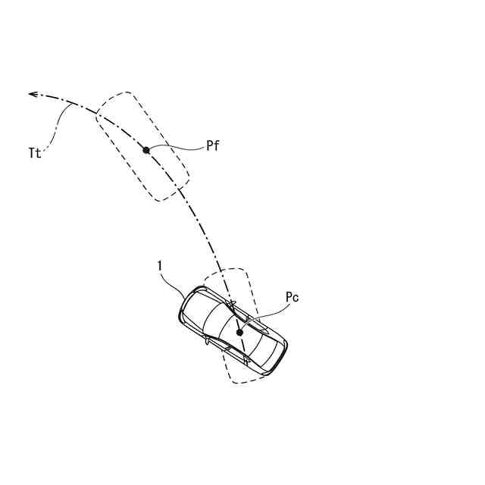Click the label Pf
(212, 146)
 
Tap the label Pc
(292, 298)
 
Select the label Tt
(33, 152)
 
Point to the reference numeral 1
(160, 265)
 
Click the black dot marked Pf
(146, 150)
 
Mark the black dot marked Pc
(239, 332)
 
